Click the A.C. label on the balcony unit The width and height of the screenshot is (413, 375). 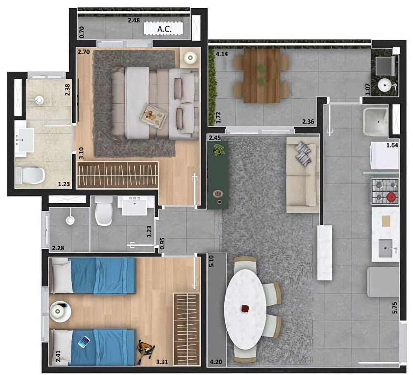point(164,29)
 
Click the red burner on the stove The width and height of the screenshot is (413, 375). point(391,197)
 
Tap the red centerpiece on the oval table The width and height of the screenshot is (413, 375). point(246,308)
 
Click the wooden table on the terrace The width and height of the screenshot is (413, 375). point(261,75)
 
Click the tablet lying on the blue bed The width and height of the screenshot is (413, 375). point(84,341)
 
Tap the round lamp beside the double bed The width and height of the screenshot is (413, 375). point(190,57)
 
